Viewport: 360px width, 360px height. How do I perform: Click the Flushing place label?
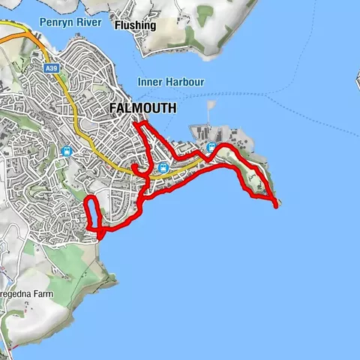click(x=135, y=25)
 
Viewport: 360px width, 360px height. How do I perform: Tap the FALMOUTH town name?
click(x=142, y=108)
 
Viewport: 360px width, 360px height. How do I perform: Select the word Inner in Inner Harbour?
click(x=150, y=82)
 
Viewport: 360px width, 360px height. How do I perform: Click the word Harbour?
click(x=184, y=82)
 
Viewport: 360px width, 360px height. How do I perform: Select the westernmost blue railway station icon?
click(x=67, y=151)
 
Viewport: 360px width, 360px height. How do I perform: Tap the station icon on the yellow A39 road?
click(x=163, y=168)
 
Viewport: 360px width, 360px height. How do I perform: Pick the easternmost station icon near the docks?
click(x=211, y=147)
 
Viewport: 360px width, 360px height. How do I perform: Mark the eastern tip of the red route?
click(x=278, y=205)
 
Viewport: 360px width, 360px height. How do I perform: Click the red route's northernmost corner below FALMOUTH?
click(x=136, y=121)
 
